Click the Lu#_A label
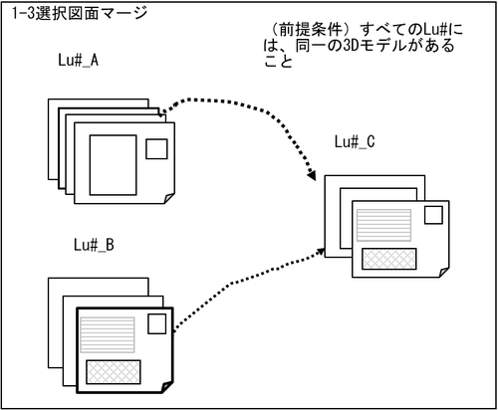tap(79, 61)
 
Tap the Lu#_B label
tap(94, 245)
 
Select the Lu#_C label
tap(355, 142)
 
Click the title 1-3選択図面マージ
tap(80, 13)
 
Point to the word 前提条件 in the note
tap(311, 30)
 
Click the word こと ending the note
tap(278, 61)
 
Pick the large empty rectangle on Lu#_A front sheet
tap(114, 165)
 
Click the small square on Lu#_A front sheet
tap(156, 149)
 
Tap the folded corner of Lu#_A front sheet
tap(169, 198)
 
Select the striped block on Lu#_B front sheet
tap(108, 334)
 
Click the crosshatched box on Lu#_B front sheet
tap(114, 372)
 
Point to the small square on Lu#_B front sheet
tap(157, 323)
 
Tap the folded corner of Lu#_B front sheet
tap(167, 387)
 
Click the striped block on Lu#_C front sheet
tap(383, 225)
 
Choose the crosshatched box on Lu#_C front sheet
tap(389, 259)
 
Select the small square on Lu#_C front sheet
tap(433, 215)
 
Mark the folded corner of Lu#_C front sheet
tap(444, 272)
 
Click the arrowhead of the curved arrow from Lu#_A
tap(312, 176)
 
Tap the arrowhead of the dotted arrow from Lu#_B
tap(321, 251)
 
